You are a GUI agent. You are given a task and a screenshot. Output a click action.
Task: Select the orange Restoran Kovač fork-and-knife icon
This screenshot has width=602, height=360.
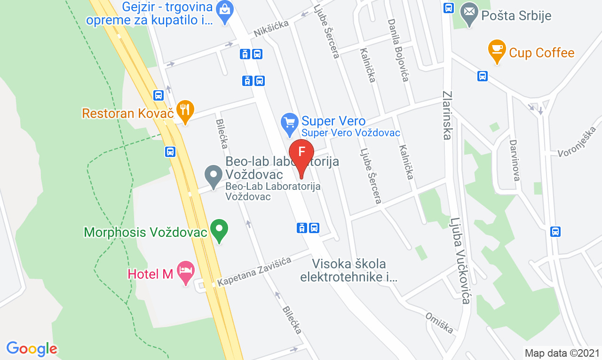coord(185,111)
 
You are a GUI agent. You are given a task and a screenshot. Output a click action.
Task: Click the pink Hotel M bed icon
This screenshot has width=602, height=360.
coord(185,272)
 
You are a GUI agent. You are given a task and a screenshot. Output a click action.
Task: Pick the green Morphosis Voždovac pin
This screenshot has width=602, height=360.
coord(219,230)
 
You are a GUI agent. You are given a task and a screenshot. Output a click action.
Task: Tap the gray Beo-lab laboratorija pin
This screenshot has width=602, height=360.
coord(214,176)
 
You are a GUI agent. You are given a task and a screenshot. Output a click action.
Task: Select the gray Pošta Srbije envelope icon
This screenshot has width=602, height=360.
coord(468,14)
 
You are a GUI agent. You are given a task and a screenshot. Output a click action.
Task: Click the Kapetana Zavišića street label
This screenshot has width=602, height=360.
coord(254,271)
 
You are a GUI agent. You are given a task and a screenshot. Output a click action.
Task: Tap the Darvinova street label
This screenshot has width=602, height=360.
coord(514,160)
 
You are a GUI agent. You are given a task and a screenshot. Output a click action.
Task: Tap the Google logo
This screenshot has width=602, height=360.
coord(32,349)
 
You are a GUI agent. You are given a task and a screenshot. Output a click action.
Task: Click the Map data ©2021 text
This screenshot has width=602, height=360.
coord(562,353)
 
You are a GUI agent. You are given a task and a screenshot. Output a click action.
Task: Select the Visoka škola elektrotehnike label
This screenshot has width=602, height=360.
coord(349,270)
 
